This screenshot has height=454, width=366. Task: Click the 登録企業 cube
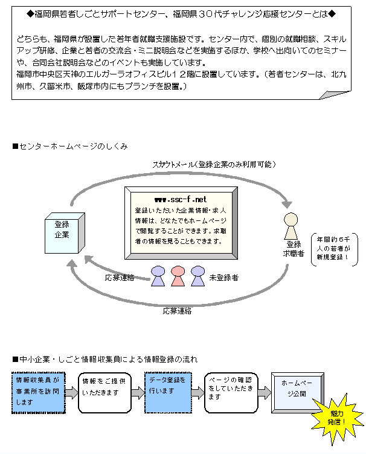[65, 233]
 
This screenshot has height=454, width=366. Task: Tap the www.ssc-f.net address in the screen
[181, 200]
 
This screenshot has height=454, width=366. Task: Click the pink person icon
[178, 276]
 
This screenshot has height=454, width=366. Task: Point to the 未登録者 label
[224, 278]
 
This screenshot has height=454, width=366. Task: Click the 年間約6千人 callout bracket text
[333, 248]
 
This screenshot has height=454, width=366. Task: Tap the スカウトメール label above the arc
[214, 165]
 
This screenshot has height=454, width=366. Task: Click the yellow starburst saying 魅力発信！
[337, 418]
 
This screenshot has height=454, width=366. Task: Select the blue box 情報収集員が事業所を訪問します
[39, 393]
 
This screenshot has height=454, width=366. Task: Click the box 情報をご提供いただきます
[104, 393]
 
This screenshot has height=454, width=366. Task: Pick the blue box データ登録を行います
[168, 393]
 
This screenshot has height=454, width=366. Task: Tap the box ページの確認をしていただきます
[231, 393]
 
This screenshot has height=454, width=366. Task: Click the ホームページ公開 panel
[297, 392]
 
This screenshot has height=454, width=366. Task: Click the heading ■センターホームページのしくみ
[70, 146]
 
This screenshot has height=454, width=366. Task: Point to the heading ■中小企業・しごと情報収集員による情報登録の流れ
[105, 360]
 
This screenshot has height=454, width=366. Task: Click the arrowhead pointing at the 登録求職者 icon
[287, 203]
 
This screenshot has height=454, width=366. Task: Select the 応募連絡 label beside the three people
[120, 278]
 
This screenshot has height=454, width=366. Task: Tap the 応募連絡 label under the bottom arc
[177, 311]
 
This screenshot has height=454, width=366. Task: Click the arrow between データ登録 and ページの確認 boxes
[198, 393]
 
